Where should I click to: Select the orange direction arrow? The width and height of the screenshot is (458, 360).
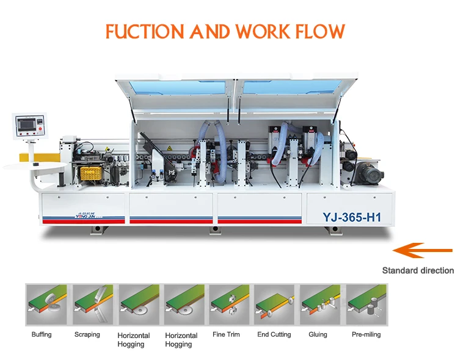pos(422,250)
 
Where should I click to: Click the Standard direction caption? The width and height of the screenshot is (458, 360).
pos(418,270)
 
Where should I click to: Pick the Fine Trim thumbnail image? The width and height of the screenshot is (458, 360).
pos(228,304)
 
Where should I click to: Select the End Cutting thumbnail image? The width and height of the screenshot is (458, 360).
pos(274,304)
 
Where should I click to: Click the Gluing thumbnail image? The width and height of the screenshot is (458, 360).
pos(319,304)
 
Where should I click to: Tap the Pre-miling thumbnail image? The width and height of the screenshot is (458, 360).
pos(365,304)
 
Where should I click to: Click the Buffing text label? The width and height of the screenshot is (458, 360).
pos(42,334)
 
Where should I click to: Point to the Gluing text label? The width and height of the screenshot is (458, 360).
pos(318,334)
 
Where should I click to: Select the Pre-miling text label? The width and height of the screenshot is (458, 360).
pos(366,334)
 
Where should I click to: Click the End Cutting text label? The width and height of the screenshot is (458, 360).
pos(274,334)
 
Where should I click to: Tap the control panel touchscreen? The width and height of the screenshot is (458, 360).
pos(29,124)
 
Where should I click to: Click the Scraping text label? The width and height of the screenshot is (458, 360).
pos(87,334)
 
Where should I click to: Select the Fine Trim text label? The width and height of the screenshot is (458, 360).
pos(226,334)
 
